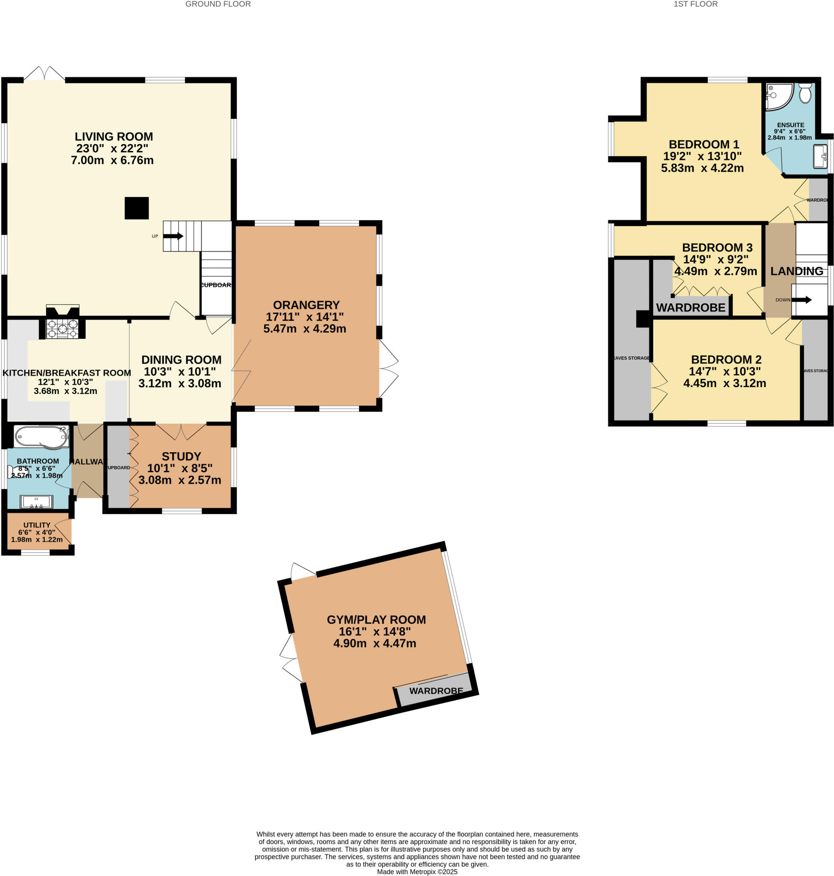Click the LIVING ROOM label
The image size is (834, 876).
click(114, 136)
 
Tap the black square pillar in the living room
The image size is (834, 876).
click(136, 208)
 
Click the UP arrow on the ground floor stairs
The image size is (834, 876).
click(174, 236)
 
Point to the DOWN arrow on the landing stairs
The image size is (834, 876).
click(801, 300)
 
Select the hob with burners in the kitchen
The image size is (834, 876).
click(63, 329)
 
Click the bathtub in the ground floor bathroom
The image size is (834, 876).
click(41, 436)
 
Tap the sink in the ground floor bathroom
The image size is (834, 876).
click(36, 502)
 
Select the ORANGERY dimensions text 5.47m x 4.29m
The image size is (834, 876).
click(304, 329)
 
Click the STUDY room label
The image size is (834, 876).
click(181, 456)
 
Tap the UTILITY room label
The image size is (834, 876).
click(37, 525)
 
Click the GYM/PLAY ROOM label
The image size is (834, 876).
click(376, 620)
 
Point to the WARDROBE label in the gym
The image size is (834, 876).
click(436, 690)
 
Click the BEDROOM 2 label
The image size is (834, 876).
click(726, 359)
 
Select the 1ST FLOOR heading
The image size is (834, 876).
click(695, 4)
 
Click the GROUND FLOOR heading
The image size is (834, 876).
click(218, 4)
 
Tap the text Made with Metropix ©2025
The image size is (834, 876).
click(417, 872)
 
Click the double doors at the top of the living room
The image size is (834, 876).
click(44, 74)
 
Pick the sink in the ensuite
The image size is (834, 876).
click(820, 156)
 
